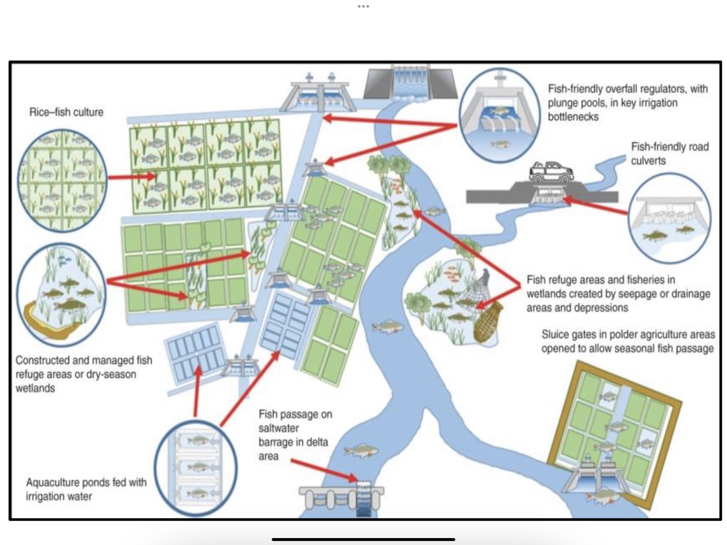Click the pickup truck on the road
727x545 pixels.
pos(551,172)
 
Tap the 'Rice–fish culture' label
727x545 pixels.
pos(66,112)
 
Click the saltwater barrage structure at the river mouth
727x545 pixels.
pos(342,499)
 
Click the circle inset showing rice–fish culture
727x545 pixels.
pos(62,180)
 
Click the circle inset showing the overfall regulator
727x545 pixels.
pos(499,115)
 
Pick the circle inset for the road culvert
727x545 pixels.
pos(669,218)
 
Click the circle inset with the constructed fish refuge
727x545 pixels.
pos(61,294)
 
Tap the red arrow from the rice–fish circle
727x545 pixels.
pos(131,177)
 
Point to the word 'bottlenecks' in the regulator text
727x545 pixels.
pos(573,117)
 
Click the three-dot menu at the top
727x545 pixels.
pos(363,6)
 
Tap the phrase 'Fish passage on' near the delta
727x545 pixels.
pos(295,414)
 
